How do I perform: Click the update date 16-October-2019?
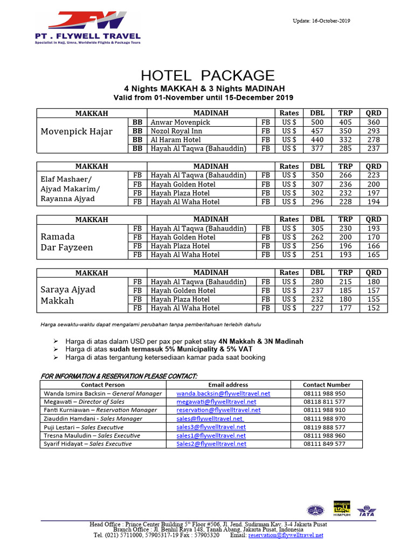pyautogui.click(x=321, y=21)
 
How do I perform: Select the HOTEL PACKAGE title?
pyautogui.click(x=208, y=75)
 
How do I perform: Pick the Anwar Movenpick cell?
pyautogui.click(x=181, y=122)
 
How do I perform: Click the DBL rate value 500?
pyautogui.click(x=318, y=122)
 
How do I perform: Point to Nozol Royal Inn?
pyautogui.click(x=177, y=131)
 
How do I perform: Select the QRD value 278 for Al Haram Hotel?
pyautogui.click(x=374, y=140)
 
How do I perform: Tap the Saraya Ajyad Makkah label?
pyautogui.click(x=68, y=295)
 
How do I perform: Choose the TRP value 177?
pyautogui.click(x=346, y=308)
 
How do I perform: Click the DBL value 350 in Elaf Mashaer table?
pyautogui.click(x=318, y=175)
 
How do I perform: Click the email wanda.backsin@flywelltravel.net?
pyautogui.click(x=223, y=394)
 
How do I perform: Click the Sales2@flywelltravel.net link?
pyautogui.click(x=211, y=444)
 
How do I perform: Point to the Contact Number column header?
pyautogui.click(x=326, y=385)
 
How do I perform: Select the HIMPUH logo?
pyautogui.click(x=342, y=508)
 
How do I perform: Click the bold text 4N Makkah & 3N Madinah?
pyautogui.click(x=261, y=341)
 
